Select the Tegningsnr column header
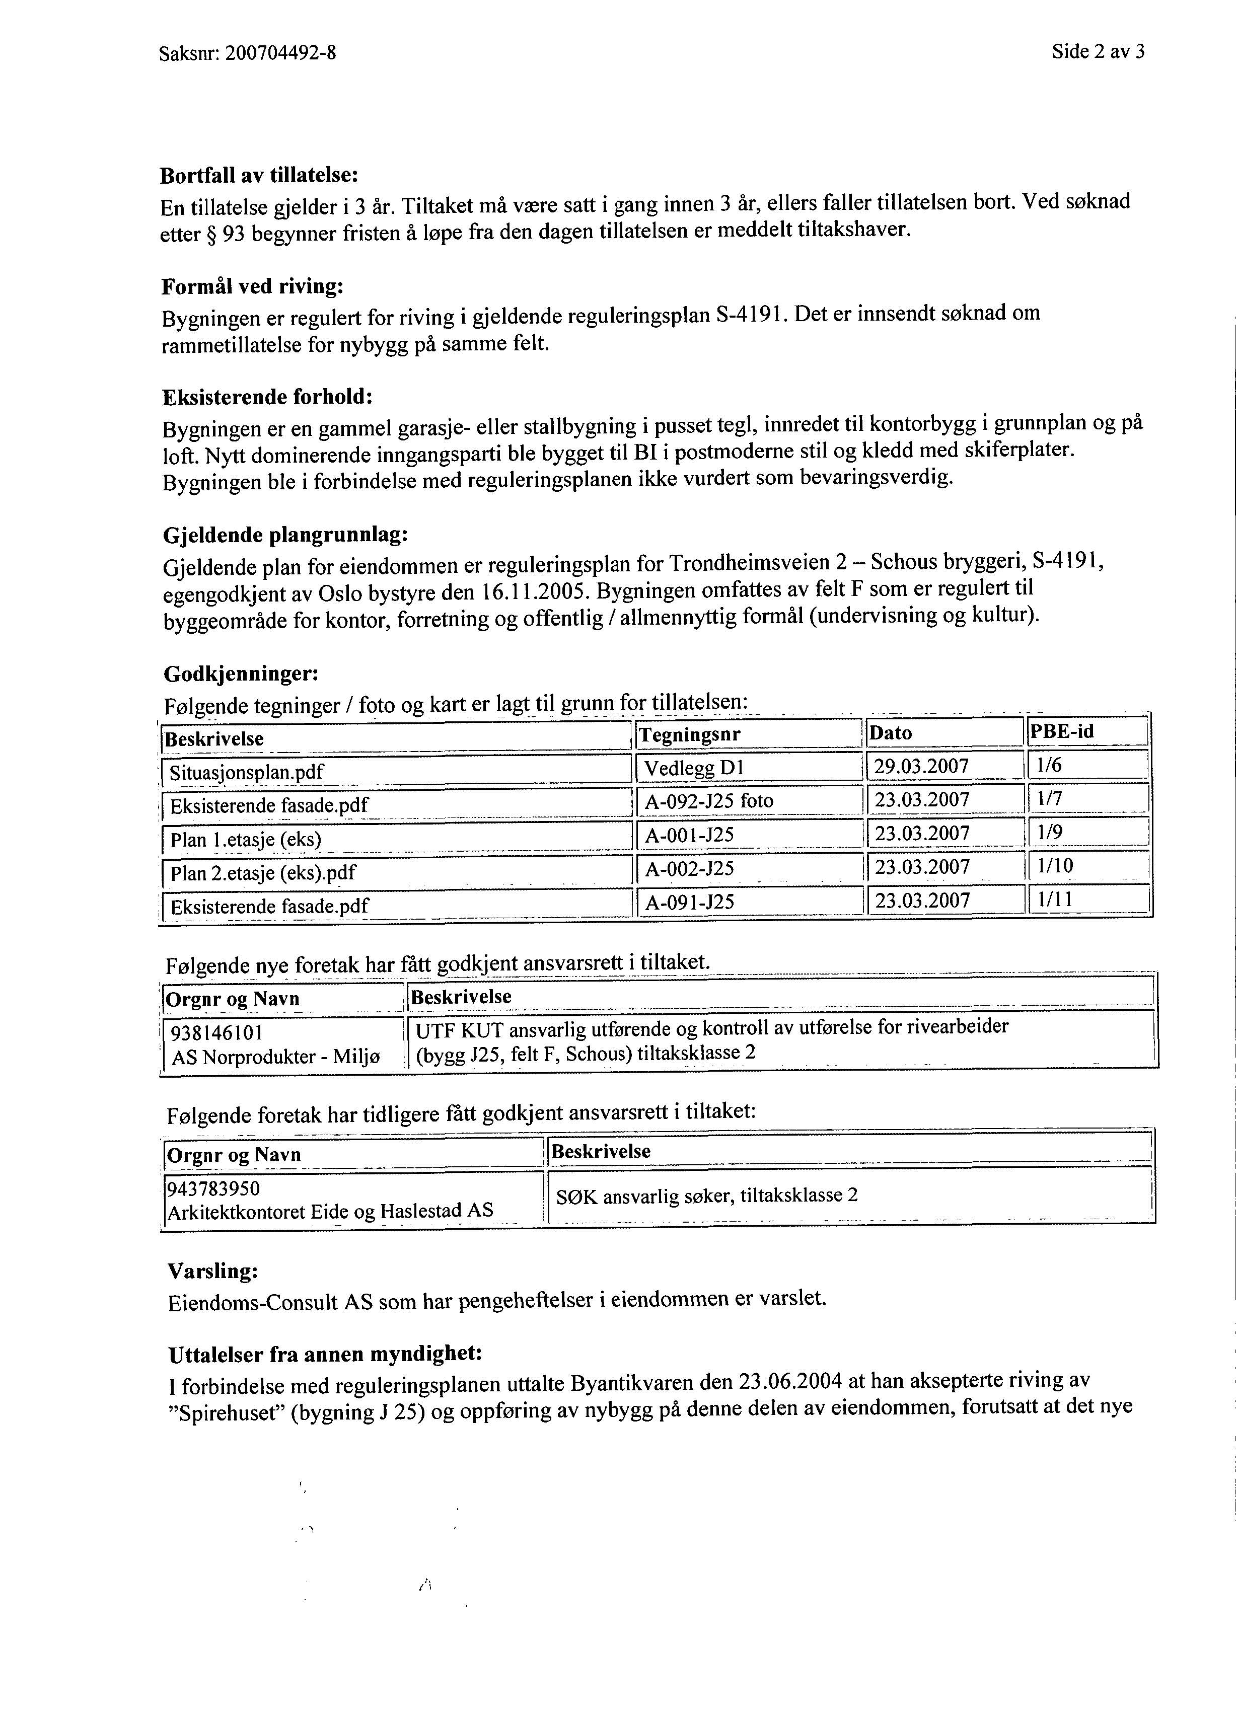point(690,734)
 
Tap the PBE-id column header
point(1062,732)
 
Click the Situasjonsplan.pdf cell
point(247,773)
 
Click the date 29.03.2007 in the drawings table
point(921,767)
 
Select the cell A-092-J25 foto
point(709,801)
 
